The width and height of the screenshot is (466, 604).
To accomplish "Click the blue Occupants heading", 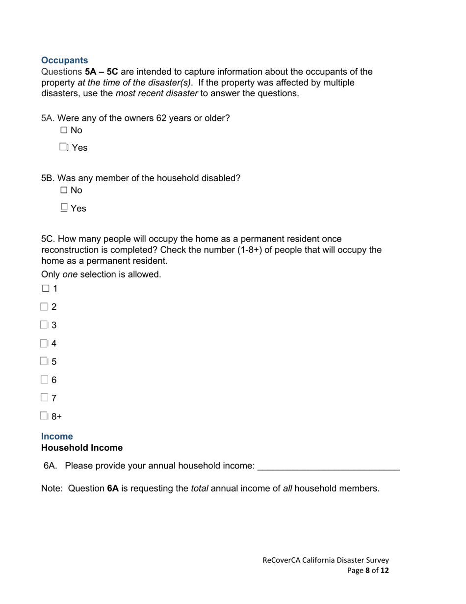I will click(x=65, y=60).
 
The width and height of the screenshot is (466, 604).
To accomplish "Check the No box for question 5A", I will click(x=64, y=131).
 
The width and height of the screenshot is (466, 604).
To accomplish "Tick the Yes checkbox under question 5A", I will click(x=64, y=147).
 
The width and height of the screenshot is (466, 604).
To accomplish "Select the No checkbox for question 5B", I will click(x=64, y=190).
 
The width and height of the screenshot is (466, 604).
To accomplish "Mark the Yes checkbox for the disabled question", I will click(x=64, y=208).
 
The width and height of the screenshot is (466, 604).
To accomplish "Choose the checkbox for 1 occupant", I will click(x=45, y=288).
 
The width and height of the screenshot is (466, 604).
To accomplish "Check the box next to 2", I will click(x=45, y=307).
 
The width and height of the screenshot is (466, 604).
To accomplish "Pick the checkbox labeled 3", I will click(x=45, y=325).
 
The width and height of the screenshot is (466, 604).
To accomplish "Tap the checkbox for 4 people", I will click(x=45, y=343).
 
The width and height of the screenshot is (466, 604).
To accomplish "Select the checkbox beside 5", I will click(x=45, y=361).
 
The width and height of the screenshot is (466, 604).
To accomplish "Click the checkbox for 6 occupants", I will click(x=45, y=380).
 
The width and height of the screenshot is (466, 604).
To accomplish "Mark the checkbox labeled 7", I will click(x=45, y=397).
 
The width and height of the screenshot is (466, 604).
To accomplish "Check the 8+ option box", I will click(x=45, y=416).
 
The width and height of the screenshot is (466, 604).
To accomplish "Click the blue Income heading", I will click(x=57, y=436).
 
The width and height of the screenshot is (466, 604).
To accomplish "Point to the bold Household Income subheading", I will click(x=81, y=448).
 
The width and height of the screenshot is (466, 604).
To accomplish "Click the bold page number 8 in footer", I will click(x=367, y=571).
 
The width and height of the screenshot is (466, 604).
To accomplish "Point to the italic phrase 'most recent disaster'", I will click(x=156, y=94).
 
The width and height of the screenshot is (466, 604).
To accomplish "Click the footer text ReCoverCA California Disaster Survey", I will click(x=326, y=560).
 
